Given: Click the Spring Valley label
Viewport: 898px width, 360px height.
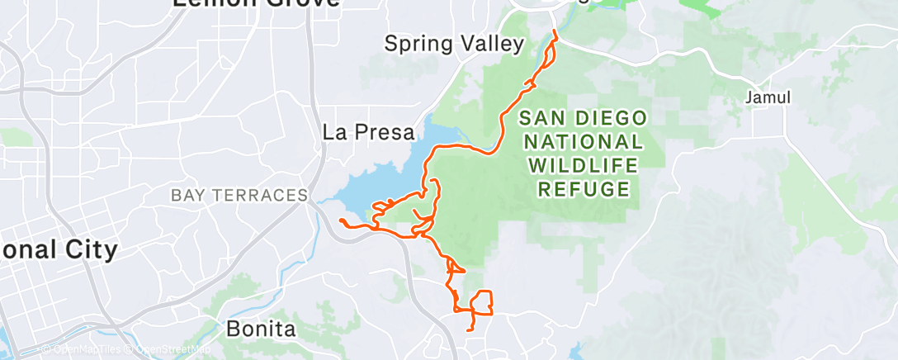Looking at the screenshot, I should click(x=455, y=44).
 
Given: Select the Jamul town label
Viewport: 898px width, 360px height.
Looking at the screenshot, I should click(x=768, y=97).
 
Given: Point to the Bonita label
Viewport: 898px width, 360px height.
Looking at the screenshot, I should click(x=261, y=329).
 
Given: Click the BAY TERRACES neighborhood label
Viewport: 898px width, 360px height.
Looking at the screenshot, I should click(x=239, y=196).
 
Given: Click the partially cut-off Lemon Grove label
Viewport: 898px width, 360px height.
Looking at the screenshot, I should click(x=256, y=3).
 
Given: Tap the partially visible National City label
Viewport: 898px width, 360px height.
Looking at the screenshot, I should click(x=58, y=249).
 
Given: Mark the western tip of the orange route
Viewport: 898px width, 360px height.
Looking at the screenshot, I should click(x=341, y=220).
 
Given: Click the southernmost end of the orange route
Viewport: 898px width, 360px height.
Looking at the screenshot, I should click(x=470, y=330).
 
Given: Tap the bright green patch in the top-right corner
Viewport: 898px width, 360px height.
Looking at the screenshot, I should click(x=702, y=7).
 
